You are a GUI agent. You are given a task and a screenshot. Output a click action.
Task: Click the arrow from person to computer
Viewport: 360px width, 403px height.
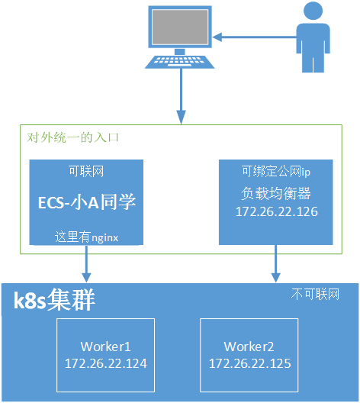pyautogui.click(x=252, y=34)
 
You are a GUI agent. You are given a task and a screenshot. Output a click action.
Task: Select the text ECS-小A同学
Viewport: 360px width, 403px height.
pyautogui.click(x=86, y=202)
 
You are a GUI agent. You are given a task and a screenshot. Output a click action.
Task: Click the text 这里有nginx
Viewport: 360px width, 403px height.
pyautogui.click(x=86, y=237)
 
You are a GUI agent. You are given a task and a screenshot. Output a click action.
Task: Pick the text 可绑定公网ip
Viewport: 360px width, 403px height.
pyautogui.click(x=275, y=170)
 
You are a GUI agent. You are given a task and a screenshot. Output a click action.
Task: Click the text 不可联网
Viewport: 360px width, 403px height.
pyautogui.click(x=315, y=294)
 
